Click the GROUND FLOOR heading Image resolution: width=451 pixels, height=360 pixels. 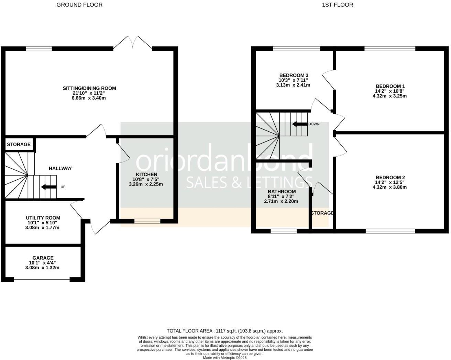click(79, 5)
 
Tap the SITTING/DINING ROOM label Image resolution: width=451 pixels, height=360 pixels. click(89, 88)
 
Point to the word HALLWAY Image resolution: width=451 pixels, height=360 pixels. click(60, 168)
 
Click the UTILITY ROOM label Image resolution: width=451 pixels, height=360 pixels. click(43, 218)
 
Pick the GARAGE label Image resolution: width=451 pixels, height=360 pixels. click(43, 258)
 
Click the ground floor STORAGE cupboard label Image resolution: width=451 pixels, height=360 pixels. click(19, 145)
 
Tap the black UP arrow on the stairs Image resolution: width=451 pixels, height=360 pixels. click(48, 187)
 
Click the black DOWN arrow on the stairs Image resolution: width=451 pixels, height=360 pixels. click(299, 124)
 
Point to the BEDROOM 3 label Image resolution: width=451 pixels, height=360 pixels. click(294, 75)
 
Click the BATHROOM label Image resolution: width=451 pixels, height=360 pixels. click(282, 192)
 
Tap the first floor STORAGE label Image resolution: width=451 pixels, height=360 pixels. click(322, 213)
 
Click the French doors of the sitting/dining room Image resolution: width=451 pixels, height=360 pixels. click(133, 43)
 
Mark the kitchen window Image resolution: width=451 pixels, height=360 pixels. click(147, 221)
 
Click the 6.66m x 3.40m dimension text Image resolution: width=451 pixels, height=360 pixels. click(89, 98)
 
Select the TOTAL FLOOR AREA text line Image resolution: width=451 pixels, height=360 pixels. click(225, 331)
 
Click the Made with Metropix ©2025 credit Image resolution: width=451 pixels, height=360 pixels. click(225, 358)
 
